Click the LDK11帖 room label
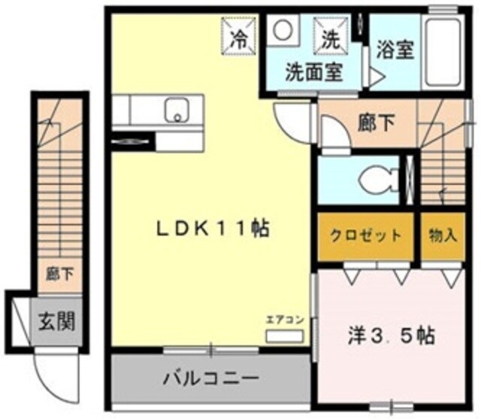click(212, 229)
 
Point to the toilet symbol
click(374, 180)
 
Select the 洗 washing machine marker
click(331, 35)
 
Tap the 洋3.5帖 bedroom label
click(390, 334)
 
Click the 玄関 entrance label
click(56, 323)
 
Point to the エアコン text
click(285, 320)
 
